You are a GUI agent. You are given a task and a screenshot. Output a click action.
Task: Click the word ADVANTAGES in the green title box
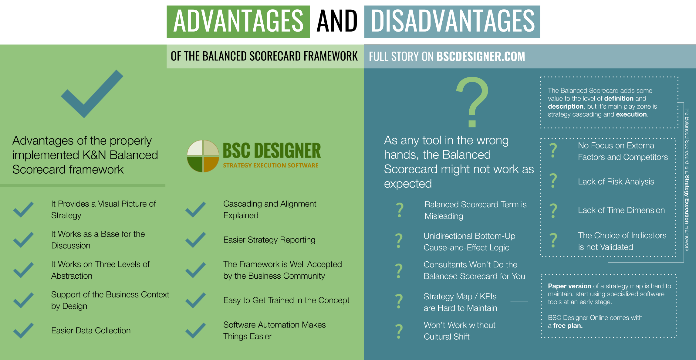point(238,21)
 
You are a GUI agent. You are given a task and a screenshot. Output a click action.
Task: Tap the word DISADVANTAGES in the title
point(453,21)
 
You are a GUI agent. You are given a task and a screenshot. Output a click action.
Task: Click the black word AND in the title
point(337,21)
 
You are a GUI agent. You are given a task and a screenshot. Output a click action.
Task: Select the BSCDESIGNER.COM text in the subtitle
point(481,56)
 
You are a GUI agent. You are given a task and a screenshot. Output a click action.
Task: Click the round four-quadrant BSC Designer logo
point(203,156)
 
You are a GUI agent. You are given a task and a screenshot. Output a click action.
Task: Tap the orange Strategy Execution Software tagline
point(271,165)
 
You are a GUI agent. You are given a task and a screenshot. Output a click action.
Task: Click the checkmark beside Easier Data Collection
point(23,331)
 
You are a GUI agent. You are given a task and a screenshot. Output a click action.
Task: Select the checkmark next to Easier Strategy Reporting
point(196,240)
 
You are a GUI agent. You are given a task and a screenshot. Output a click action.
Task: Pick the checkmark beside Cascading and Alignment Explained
point(196,210)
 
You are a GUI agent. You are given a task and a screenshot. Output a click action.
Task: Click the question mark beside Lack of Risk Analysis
point(553,181)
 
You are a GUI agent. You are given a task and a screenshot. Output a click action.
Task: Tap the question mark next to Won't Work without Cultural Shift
point(399,331)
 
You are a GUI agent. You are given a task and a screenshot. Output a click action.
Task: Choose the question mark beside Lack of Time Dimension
point(553,211)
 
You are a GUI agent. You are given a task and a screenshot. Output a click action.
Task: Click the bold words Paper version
point(569,286)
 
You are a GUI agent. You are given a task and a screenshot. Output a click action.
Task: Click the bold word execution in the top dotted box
point(632,114)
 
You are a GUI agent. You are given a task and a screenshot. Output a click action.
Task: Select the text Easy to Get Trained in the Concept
point(286,300)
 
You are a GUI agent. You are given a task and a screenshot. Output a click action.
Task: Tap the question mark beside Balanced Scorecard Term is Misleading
point(400,210)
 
